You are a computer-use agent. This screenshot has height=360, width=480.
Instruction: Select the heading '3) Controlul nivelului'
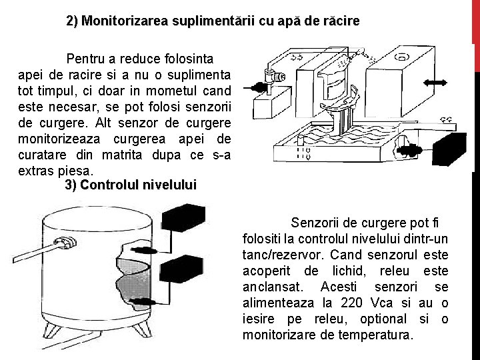(x=131, y=185)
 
